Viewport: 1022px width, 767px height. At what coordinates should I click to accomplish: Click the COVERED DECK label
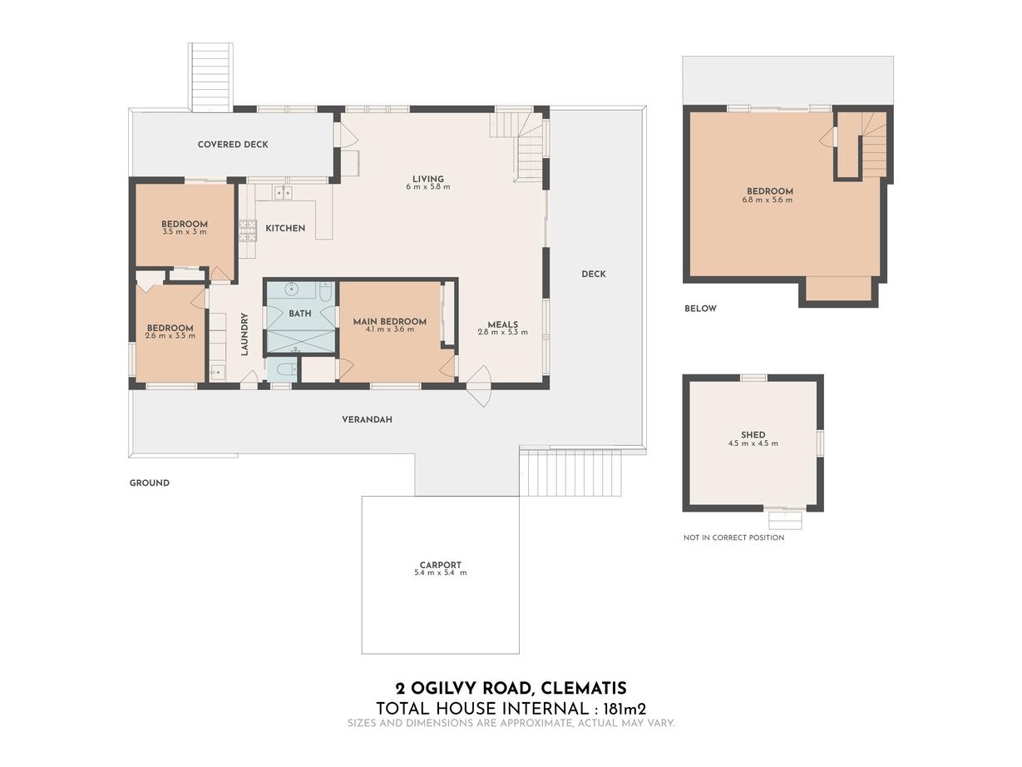pos(233,145)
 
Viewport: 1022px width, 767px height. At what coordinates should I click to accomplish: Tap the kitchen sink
pos(283,192)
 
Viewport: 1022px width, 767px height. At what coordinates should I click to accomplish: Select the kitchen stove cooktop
pos(248,231)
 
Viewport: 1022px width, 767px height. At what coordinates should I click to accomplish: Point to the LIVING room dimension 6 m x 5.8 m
pos(428,186)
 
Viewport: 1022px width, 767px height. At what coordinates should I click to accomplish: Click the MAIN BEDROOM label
pos(390,321)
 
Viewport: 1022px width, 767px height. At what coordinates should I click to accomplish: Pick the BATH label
pos(300,314)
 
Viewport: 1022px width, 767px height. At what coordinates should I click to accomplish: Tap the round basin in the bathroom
pos(292,289)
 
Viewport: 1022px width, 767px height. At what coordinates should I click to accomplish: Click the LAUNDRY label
pos(244,334)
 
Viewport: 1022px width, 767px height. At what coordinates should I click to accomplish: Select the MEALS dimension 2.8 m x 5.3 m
pos(503,332)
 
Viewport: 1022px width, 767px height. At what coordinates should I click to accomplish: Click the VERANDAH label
pos(367,419)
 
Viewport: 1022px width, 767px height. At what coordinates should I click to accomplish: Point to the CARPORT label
pos(441,565)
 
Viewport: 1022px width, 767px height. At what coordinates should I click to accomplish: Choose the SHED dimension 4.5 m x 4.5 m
pos(753,443)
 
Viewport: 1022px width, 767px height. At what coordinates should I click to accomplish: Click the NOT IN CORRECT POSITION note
pos(733,537)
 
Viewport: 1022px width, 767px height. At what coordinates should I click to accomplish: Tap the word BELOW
pos(700,309)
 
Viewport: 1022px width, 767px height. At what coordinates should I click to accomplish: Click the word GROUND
pos(150,483)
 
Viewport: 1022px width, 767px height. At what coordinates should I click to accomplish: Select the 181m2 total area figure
pos(625,710)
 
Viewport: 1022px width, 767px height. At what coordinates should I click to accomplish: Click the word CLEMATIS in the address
pos(585,688)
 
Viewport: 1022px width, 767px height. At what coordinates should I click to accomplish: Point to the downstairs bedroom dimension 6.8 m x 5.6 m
pos(768,200)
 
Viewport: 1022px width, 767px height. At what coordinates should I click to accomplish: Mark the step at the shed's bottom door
pos(785,521)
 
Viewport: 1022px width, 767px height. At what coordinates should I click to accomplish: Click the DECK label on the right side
pos(594,274)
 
